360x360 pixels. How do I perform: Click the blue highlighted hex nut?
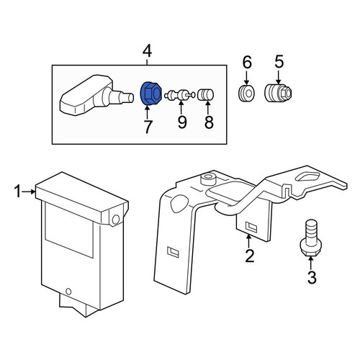150,94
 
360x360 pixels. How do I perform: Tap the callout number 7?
148,127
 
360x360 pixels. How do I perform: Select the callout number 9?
182,122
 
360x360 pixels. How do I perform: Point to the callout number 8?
209,122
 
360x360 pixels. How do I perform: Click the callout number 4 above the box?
147,51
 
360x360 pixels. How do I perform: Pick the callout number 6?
247,62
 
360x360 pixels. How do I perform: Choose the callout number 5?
279,62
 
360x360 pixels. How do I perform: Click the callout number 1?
17,192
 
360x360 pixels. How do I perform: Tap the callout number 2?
249,256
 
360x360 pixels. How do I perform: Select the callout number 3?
312,277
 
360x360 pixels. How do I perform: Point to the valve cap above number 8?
205,94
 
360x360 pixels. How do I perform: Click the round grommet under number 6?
247,93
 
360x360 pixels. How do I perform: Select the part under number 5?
278,93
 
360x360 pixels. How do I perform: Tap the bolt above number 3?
310,238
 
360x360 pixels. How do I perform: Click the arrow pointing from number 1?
29,192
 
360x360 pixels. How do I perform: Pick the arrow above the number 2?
248,241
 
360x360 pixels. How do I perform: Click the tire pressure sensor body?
96,96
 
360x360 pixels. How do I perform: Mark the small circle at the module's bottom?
68,292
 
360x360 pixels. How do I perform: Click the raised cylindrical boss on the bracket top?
208,179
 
